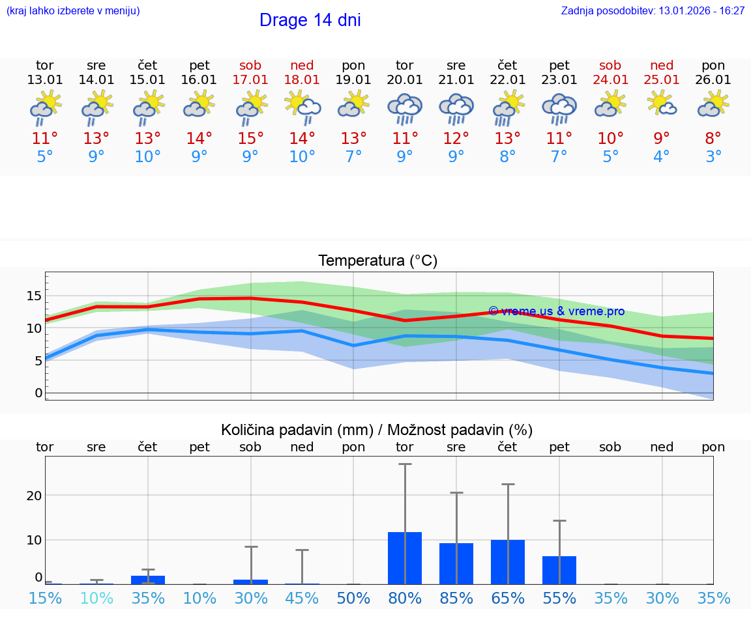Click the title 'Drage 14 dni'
(x=310, y=20)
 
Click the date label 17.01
(x=250, y=80)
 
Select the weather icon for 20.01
(x=405, y=109)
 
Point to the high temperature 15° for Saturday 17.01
(x=250, y=139)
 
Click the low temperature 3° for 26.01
(x=713, y=157)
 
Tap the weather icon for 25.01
(x=662, y=104)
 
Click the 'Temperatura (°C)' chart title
(x=377, y=261)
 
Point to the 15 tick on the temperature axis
(x=34, y=296)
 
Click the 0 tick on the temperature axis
(x=38, y=393)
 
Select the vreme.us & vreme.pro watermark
(x=556, y=311)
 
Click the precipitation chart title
(x=377, y=430)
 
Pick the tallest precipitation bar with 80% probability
(x=405, y=558)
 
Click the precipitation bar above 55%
(x=559, y=570)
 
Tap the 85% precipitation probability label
(x=456, y=598)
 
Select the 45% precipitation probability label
(x=302, y=598)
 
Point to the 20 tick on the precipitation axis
(x=34, y=495)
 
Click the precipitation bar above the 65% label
(x=508, y=562)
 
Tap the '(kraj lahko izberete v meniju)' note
(x=73, y=11)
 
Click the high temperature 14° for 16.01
(x=199, y=139)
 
